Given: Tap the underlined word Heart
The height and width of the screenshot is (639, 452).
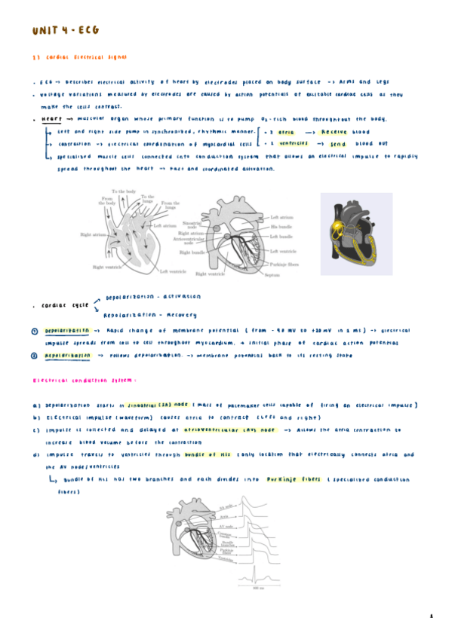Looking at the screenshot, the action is [51, 119].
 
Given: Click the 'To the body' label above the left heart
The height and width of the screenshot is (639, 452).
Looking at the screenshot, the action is [124, 192].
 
